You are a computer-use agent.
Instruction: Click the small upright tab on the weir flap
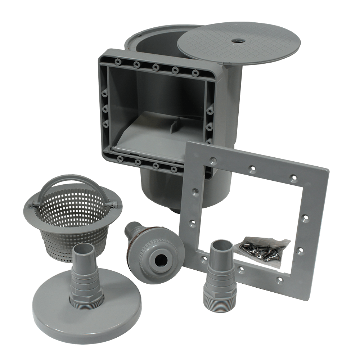(x=173, y=126)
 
